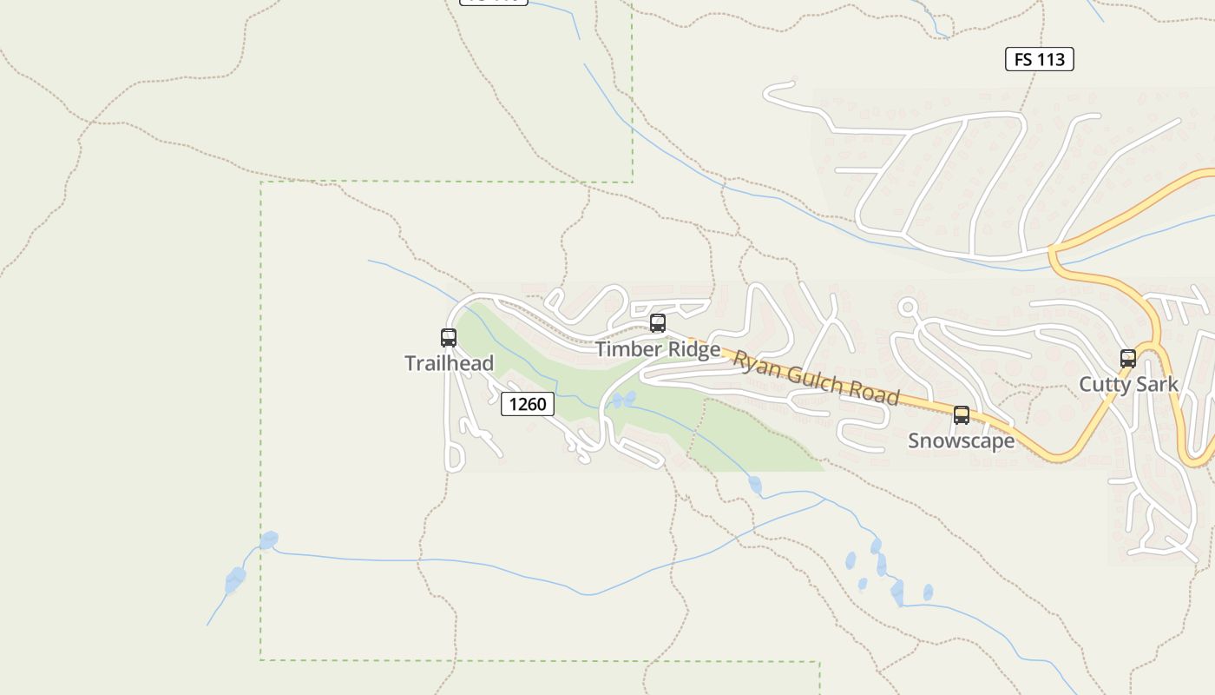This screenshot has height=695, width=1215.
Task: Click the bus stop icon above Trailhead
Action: [x=449, y=338]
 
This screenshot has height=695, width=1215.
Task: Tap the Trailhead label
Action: [x=449, y=363]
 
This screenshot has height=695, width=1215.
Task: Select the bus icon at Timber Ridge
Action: [x=658, y=324]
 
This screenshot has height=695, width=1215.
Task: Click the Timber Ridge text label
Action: [x=658, y=349]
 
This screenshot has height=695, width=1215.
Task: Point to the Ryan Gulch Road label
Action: [x=816, y=378]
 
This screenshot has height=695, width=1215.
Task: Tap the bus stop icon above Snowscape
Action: [x=962, y=415]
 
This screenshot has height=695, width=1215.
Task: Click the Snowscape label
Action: [x=961, y=440]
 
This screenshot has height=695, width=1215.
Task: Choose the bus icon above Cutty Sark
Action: [x=1128, y=358]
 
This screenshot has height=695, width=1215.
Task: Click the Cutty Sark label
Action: [x=1128, y=384]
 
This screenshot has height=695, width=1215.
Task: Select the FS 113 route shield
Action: [x=1040, y=59]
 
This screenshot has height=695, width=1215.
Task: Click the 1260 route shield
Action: [x=528, y=404]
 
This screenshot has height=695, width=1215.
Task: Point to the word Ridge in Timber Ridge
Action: [x=693, y=349]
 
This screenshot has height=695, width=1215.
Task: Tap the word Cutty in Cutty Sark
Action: [x=1104, y=384]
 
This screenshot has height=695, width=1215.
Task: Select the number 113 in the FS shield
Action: [x=1051, y=59]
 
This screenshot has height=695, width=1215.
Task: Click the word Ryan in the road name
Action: [x=754, y=362]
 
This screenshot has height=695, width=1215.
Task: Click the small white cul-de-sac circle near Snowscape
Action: [x=909, y=307]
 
